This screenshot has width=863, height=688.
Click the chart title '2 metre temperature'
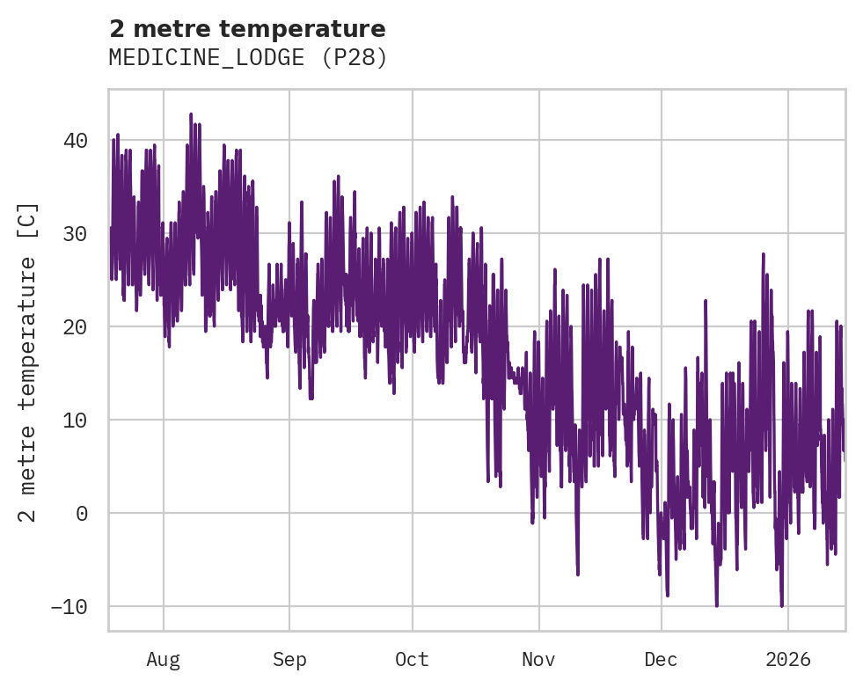pos(247,30)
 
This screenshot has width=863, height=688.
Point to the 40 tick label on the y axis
pos(75,141)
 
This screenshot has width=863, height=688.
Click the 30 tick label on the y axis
pos(75,234)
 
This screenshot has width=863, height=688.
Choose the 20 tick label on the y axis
pos(75,327)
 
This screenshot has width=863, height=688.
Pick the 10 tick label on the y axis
pos(75,421)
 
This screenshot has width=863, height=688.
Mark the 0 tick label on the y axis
pos(82,514)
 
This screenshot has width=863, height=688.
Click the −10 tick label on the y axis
pos(68,607)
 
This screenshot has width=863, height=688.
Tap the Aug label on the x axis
pos(164,659)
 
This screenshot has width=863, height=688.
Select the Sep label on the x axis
pos(289,659)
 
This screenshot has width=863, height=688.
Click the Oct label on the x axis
pos(412,659)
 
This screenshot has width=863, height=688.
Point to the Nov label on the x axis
pos(538,659)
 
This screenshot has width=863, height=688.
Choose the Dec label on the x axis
pos(662,659)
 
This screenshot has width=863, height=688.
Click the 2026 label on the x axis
pos(788,659)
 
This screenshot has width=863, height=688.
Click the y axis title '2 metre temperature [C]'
pos(28,362)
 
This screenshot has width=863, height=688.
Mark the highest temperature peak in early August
pos(190,114)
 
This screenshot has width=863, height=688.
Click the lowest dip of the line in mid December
pos(716,605)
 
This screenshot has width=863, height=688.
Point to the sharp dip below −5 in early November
pos(578,574)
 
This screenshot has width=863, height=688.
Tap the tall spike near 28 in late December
pos(763,253)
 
